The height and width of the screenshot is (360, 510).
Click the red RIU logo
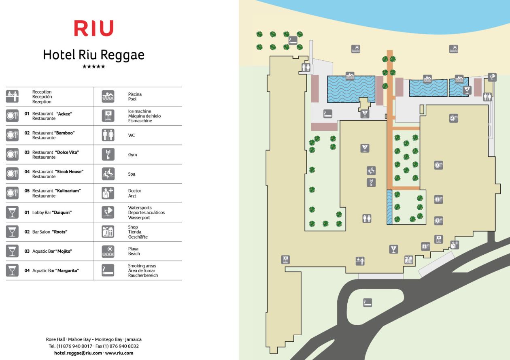tap(93, 28)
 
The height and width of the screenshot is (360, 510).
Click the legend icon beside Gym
tap(108, 155)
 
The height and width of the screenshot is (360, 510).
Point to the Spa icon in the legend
tap(108, 174)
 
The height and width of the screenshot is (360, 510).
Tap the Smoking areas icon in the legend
tap(108, 271)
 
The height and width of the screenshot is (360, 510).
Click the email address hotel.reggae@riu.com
tap(78, 353)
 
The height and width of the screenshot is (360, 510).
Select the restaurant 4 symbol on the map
tap(453, 119)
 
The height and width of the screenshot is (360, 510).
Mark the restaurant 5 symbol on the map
tap(425, 246)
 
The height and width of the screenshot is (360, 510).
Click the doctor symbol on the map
tap(455, 245)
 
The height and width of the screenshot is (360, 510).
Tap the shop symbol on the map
tap(409, 260)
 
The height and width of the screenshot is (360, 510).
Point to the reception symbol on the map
tap(360, 261)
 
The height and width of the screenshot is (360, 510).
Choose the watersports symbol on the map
tap(492, 77)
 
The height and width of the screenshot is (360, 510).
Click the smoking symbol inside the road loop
tap(368, 302)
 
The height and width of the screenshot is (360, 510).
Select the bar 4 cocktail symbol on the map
tap(467, 90)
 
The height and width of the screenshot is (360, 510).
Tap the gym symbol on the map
tap(371, 183)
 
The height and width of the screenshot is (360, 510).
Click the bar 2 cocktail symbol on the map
tap(365, 148)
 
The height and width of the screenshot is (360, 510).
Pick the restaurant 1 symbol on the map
tap(438, 165)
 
